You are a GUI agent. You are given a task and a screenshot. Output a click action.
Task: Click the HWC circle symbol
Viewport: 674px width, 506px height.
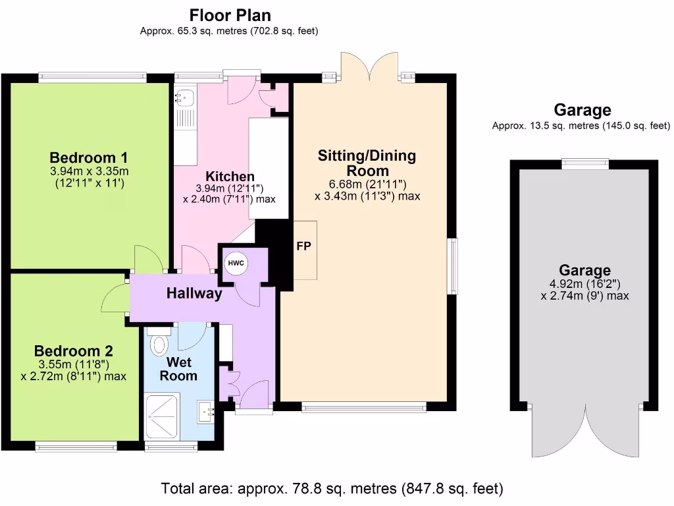[x=236, y=264]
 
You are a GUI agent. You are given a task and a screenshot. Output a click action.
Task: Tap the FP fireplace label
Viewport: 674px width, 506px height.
[x=304, y=246]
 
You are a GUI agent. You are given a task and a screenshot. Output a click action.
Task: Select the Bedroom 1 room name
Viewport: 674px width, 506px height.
[x=88, y=158]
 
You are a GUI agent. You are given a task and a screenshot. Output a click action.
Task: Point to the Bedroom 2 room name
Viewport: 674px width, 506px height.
[x=73, y=351]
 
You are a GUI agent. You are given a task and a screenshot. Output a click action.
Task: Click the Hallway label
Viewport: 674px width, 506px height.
[x=194, y=294]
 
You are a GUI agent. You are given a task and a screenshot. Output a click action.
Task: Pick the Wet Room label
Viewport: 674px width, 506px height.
[x=178, y=369]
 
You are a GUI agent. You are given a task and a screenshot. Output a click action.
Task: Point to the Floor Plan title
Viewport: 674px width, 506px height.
[x=230, y=15]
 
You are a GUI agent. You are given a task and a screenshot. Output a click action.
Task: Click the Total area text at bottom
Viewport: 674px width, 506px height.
[x=332, y=489]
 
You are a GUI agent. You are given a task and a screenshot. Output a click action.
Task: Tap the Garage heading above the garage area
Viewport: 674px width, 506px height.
[x=582, y=110]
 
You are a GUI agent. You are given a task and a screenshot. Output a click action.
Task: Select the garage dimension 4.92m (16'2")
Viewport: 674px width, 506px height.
[x=584, y=284]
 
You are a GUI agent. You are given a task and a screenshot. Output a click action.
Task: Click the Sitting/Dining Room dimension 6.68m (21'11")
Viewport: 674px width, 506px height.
[x=367, y=184]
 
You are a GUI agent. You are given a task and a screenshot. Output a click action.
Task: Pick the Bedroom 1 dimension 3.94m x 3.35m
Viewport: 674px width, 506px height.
[x=88, y=172]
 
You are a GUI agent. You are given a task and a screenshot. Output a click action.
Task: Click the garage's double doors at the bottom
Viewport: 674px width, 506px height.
[x=584, y=432]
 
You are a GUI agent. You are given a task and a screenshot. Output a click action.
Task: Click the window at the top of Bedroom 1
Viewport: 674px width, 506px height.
[x=92, y=77]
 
